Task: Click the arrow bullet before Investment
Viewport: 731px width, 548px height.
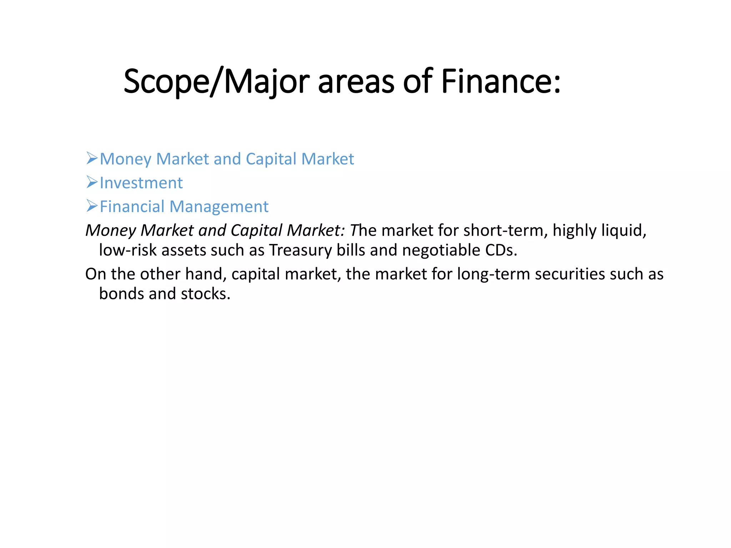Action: tap(92, 182)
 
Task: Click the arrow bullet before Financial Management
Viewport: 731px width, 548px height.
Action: tap(92, 206)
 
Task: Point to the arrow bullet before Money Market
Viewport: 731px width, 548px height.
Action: tap(92, 158)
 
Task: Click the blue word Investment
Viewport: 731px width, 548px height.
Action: tap(141, 183)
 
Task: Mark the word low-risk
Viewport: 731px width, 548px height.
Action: tap(128, 250)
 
